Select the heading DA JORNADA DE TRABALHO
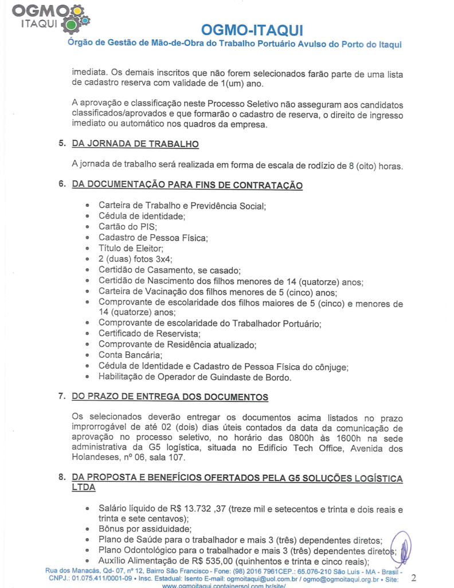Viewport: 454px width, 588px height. [135, 144]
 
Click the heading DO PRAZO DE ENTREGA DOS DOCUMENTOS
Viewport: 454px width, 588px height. [170, 397]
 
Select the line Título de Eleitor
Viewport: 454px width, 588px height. [131, 249]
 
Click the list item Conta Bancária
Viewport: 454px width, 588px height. [129, 355]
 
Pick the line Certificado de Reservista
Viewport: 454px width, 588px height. [148, 334]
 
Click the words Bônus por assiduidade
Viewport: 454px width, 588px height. [144, 529]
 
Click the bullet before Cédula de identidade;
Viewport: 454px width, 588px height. [87, 216]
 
